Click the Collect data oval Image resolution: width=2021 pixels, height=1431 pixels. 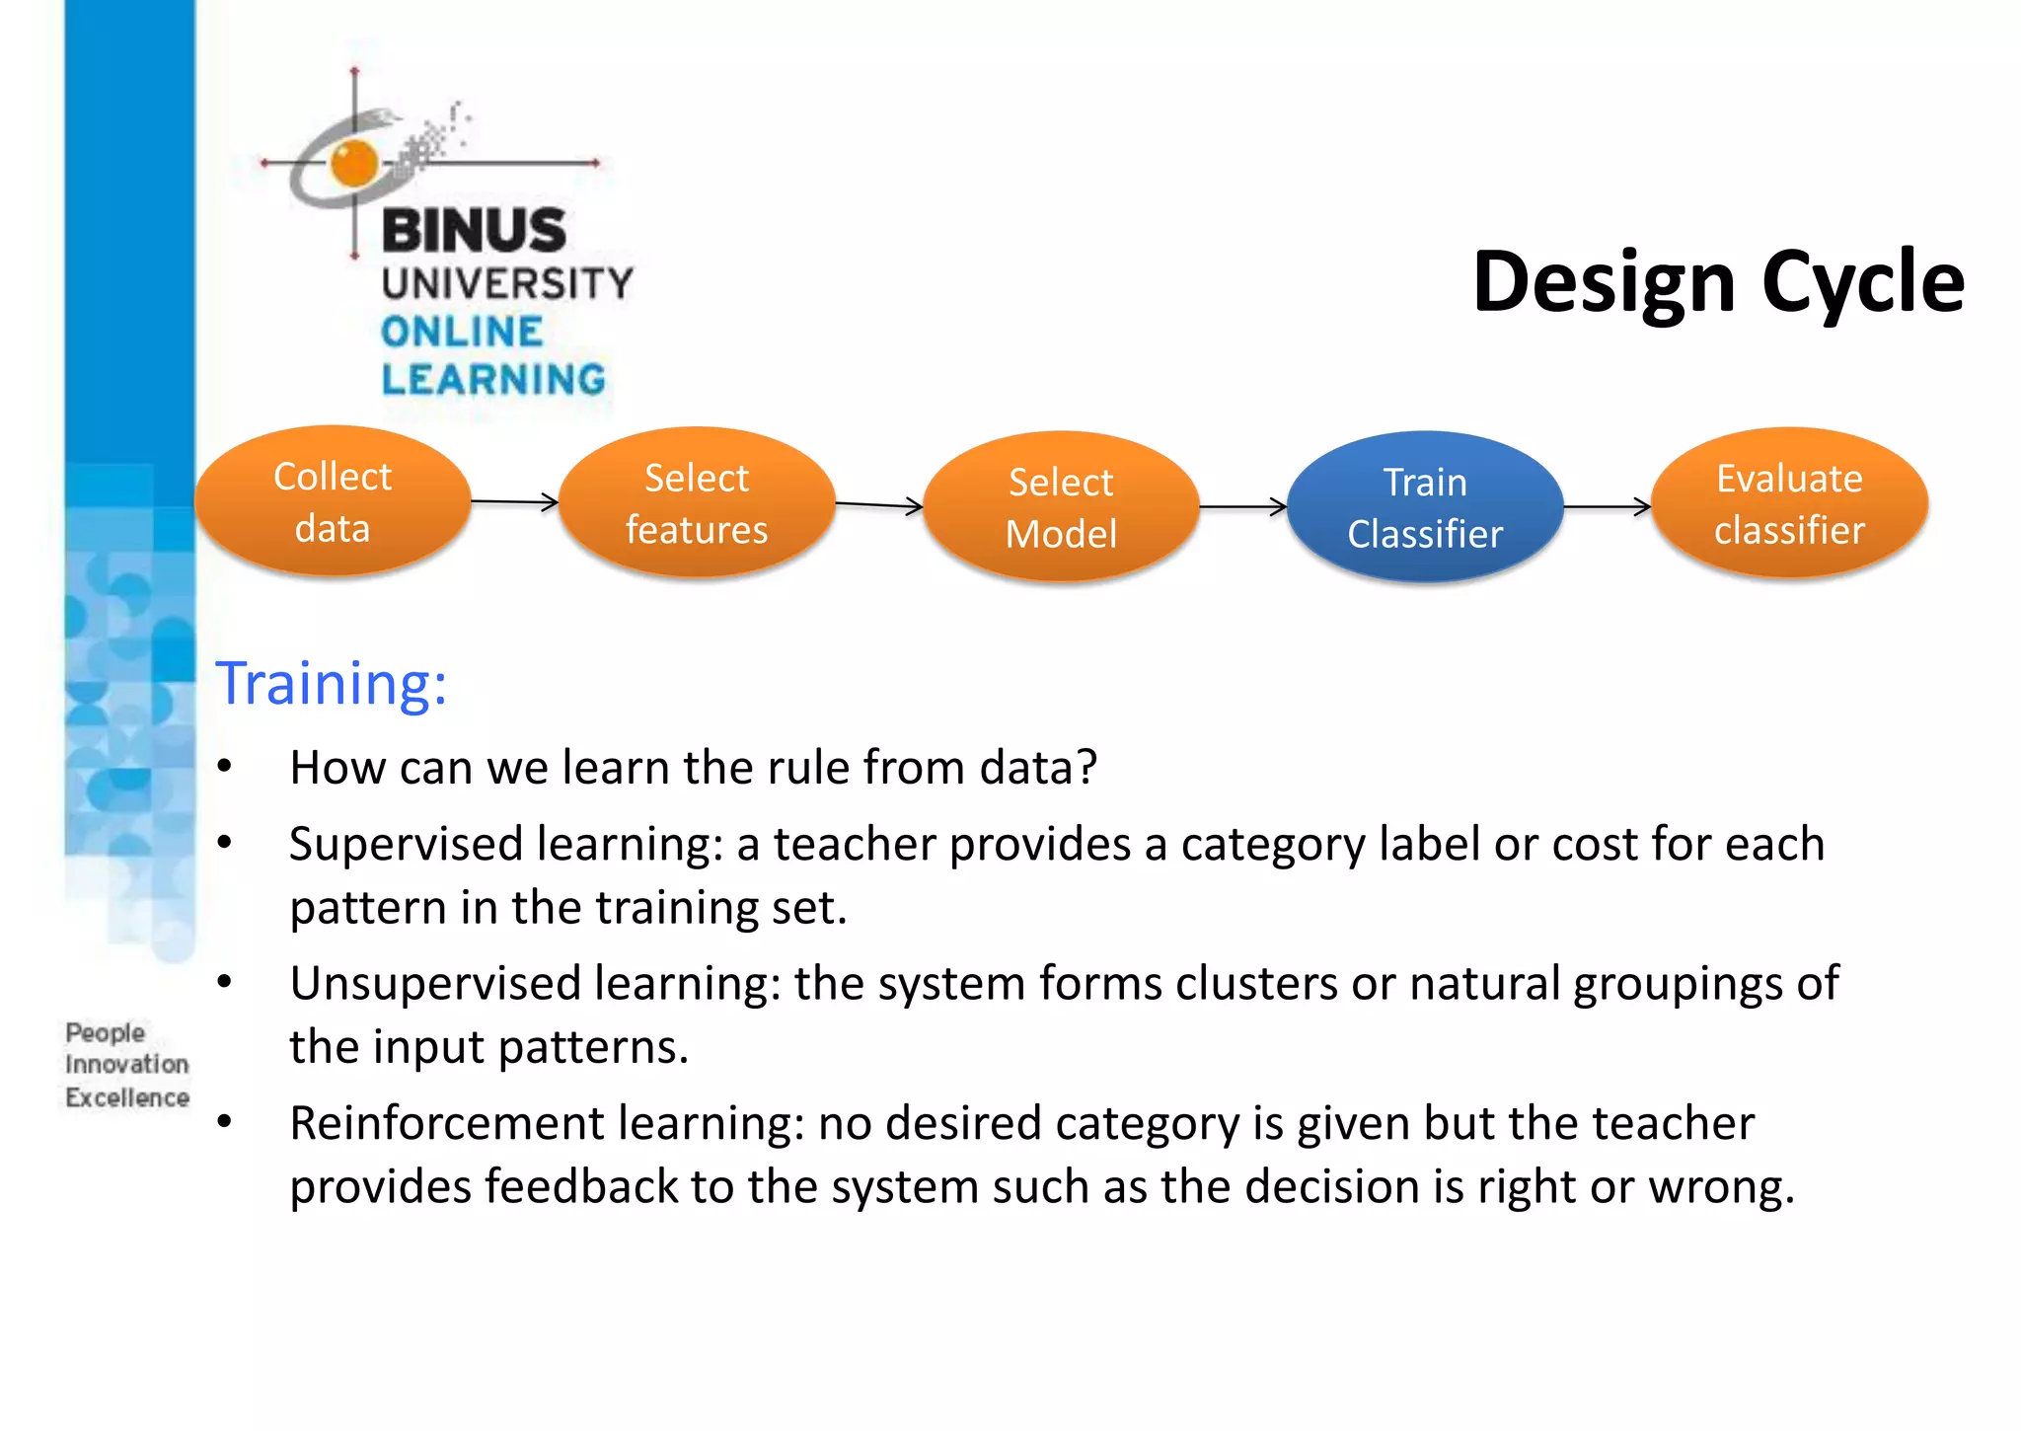333,501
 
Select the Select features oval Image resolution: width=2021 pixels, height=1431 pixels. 697,503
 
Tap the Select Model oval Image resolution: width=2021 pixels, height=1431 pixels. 1061,507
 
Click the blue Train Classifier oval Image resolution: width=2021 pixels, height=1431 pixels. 1425,507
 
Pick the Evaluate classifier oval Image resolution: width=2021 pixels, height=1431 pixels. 1789,503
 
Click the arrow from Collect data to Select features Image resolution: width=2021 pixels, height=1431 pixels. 514,502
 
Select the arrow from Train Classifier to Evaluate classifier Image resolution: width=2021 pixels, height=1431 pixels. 1607,507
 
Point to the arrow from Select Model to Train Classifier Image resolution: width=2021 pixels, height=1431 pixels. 1242,507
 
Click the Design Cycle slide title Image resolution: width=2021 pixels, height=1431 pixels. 1718,282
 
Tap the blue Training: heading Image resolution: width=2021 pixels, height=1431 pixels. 332,683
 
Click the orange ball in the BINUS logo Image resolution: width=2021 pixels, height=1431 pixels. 354,163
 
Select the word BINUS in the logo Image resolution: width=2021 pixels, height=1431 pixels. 474,230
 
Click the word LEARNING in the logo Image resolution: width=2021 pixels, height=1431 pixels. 493,380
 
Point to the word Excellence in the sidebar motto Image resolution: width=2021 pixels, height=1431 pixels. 127,1097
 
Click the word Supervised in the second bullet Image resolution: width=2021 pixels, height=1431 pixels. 406,845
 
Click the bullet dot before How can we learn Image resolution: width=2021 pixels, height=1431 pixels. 225,766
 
